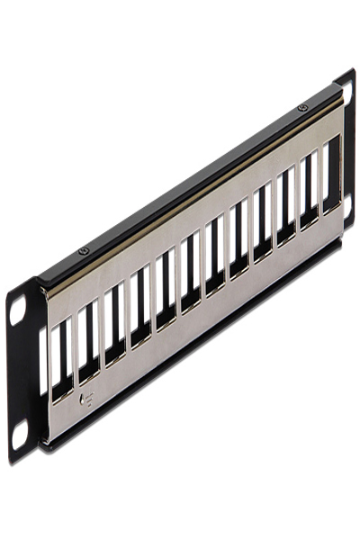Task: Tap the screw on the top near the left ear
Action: [84, 250]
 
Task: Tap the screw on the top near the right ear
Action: [301, 109]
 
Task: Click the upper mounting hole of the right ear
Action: [348, 97]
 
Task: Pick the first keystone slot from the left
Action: [60, 361]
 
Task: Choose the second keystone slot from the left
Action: [86, 344]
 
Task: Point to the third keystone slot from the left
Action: [114, 327]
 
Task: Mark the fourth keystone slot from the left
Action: [140, 310]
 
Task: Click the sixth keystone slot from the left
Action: [190, 277]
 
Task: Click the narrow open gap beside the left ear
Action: [41, 361]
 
